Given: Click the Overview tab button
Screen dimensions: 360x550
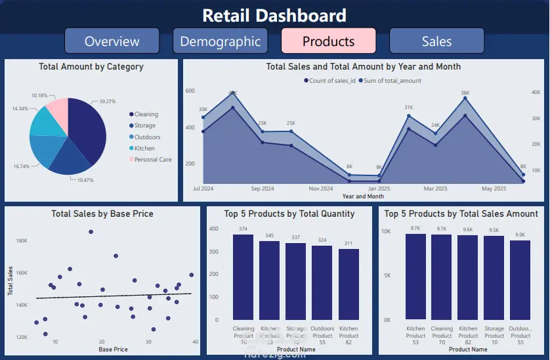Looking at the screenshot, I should (x=112, y=41).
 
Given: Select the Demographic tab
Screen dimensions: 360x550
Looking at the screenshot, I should (x=220, y=41).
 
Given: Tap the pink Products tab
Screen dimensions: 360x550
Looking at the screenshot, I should (x=328, y=41).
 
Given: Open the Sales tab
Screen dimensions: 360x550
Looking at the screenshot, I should (x=436, y=41).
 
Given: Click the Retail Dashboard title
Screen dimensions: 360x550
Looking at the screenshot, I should (x=274, y=15).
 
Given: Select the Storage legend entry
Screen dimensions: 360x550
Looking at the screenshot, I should (x=144, y=125).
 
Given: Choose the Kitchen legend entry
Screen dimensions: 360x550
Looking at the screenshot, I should (x=144, y=148).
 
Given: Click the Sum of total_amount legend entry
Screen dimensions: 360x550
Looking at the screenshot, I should (x=393, y=81).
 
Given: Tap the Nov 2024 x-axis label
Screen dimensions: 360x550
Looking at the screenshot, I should (x=320, y=189).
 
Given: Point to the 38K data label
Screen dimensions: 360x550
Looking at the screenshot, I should (x=465, y=93).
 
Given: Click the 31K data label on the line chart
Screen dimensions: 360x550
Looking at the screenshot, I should (x=408, y=107).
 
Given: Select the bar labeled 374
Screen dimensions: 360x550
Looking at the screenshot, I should (x=243, y=277).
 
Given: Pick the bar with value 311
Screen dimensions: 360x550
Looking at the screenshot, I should (x=349, y=284).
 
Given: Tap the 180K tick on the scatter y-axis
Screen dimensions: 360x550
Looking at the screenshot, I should (x=22, y=241).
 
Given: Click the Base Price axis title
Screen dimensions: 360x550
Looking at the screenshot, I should (x=113, y=349).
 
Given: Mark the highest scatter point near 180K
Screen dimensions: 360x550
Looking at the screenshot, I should (x=91, y=231).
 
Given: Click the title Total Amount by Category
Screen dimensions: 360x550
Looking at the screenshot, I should (x=91, y=66).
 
